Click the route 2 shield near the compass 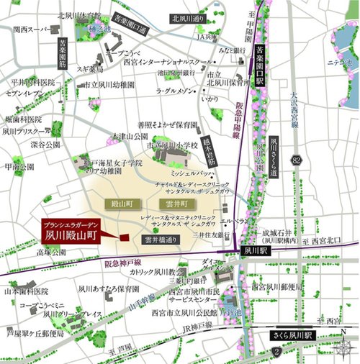(276, 352)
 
